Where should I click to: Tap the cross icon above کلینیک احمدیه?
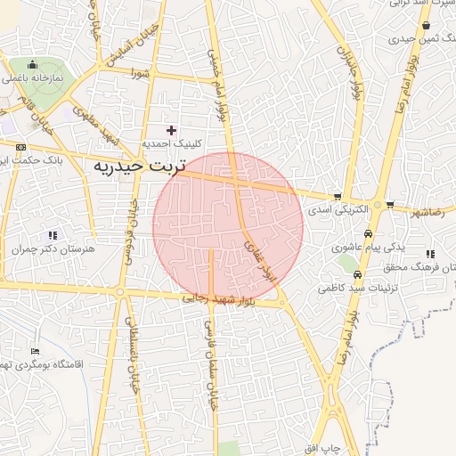[172, 130]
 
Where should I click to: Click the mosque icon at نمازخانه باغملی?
[32, 64]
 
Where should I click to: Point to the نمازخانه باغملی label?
[31, 78]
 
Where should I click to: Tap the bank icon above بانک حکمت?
[20, 148]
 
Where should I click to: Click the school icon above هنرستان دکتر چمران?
[53, 235]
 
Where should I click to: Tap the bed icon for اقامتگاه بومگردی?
[35, 352]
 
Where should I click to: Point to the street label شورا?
[135, 73]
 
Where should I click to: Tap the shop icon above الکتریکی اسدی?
[337, 197]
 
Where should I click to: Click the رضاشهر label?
[426, 214]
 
